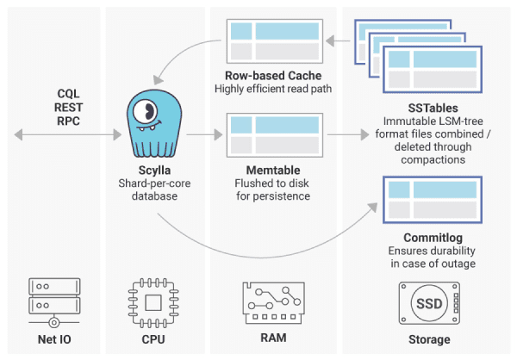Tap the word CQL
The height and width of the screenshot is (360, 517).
pyautogui.click(x=68, y=92)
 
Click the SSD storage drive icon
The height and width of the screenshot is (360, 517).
pyautogui.click(x=427, y=301)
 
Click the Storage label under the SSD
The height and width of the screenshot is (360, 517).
pyautogui.click(x=426, y=338)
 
